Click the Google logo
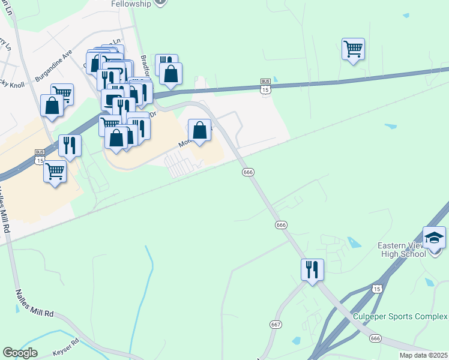[x=20, y=353]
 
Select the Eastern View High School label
[x=402, y=249]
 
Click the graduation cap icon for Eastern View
[x=434, y=238]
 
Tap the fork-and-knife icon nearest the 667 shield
[x=312, y=269]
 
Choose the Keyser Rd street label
[x=65, y=344]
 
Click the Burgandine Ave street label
[x=53, y=65]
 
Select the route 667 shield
[x=276, y=324]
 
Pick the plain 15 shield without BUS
[x=376, y=289]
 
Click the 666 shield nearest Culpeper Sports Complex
[x=376, y=339]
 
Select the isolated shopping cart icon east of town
[x=353, y=49]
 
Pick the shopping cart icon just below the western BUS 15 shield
[x=55, y=172]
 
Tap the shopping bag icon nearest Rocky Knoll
[x=52, y=105]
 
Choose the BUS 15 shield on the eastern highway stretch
[x=265, y=86]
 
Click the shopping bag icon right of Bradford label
[x=171, y=74]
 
